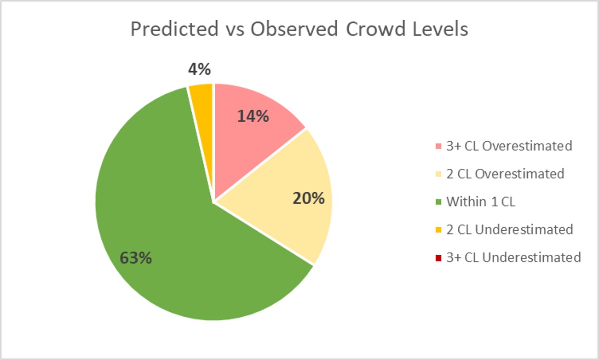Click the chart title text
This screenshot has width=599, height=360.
(x=299, y=29)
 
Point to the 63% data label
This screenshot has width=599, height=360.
(x=136, y=258)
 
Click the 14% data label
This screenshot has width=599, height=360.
(x=253, y=116)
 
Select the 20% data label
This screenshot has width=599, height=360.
(x=309, y=199)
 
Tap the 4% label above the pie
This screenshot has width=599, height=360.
(x=199, y=69)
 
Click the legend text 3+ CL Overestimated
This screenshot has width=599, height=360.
(x=509, y=146)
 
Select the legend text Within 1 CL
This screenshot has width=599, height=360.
(x=480, y=201)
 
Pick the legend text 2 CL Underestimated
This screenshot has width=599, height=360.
(x=509, y=229)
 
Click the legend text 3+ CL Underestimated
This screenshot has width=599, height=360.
(x=513, y=257)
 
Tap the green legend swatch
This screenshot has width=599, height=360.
(x=438, y=202)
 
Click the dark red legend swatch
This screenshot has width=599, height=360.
(x=438, y=257)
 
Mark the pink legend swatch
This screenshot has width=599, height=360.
(x=438, y=147)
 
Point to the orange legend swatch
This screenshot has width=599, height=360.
(x=438, y=229)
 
